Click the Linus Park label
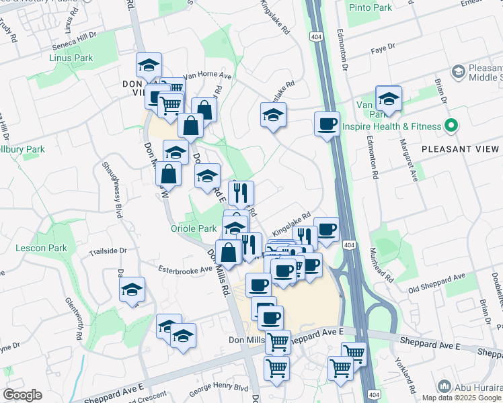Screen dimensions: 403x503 [x=71, y=58]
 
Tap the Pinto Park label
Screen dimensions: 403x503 [x=370, y=7]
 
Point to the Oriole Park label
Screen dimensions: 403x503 [x=193, y=228]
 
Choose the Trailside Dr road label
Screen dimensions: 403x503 [x=108, y=251]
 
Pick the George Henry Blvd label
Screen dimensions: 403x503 [x=219, y=388]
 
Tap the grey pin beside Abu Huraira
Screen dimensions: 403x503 [x=443, y=386]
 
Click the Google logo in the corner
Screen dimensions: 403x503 [x=22, y=395]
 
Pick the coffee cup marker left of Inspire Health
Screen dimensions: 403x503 [x=327, y=124]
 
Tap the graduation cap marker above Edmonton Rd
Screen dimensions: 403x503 [x=388, y=99]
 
